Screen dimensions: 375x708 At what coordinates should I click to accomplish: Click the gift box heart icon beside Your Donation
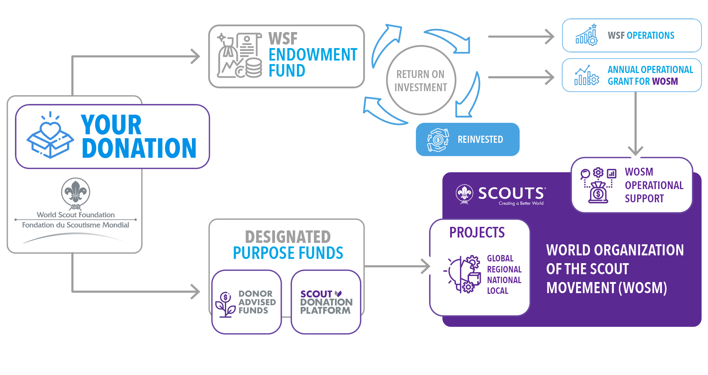point(50,136)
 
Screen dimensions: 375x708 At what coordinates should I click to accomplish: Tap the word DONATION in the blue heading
point(139,148)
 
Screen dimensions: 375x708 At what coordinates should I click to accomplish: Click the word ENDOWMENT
point(313,55)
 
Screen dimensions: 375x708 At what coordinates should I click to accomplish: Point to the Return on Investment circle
point(421,80)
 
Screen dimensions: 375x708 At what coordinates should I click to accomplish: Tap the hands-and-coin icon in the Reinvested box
point(438,140)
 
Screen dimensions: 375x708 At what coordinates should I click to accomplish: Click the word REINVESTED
point(480,140)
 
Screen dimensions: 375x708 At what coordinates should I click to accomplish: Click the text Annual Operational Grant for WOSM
point(650,75)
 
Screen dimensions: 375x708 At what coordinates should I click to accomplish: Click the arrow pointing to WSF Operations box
point(521,36)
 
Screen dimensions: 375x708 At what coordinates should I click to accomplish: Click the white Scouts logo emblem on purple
point(464,194)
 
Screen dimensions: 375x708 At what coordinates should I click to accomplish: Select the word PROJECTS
point(477,233)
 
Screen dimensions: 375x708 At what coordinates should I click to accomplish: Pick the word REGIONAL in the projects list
point(504,269)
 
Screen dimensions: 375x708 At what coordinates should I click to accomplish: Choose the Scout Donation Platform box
point(326,302)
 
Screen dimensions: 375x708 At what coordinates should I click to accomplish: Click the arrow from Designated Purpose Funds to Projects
point(398,266)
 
